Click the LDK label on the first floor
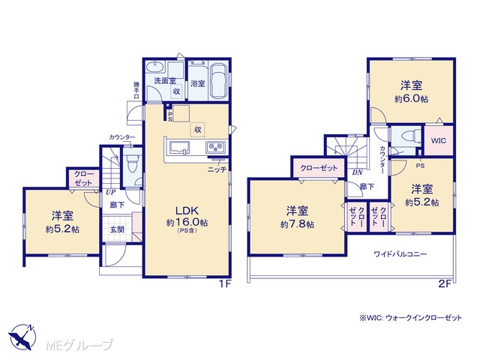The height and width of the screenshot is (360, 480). (x=187, y=211)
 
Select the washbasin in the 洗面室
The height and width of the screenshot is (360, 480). (x=155, y=67)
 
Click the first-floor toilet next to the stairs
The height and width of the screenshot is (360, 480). (x=132, y=163)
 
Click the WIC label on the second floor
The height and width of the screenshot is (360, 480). (x=438, y=141)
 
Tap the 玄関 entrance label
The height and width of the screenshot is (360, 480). (x=117, y=229)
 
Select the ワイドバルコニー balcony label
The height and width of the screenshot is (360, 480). (x=400, y=254)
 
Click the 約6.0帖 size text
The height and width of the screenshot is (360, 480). (x=411, y=99)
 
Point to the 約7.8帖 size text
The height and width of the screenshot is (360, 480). (x=297, y=225)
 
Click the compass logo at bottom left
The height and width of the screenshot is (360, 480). (x=22, y=337)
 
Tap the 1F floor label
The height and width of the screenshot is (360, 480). (x=224, y=284)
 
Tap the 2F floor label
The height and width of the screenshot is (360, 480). (x=445, y=284)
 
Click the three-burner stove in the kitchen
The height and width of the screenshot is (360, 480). (x=215, y=147)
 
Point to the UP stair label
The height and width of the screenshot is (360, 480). (x=110, y=193)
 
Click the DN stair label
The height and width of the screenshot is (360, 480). (x=357, y=172)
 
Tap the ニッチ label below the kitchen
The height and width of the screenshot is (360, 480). (x=217, y=169)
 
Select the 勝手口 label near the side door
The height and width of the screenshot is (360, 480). (x=136, y=90)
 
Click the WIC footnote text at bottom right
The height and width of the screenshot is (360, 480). (x=410, y=318)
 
